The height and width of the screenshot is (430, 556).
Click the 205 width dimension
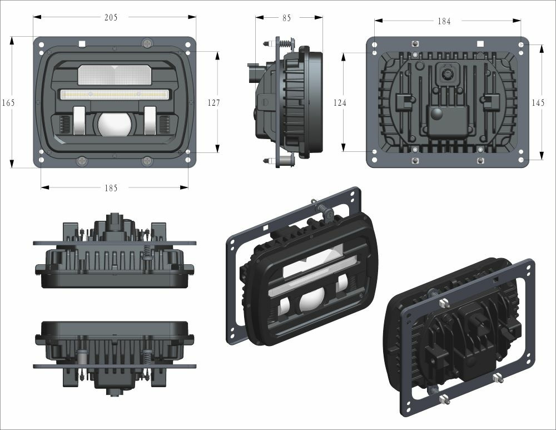(x=111, y=17)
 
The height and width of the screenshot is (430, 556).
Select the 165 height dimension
(x=8, y=103)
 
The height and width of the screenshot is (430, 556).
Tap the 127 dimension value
(x=213, y=103)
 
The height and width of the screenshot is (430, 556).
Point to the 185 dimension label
(x=111, y=188)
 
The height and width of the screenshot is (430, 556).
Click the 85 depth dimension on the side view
(x=287, y=18)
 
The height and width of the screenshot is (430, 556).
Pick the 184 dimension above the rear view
(x=444, y=21)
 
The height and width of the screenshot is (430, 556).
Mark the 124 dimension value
(x=340, y=103)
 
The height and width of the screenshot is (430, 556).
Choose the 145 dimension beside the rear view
(x=538, y=103)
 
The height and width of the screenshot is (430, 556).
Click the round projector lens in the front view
(x=114, y=123)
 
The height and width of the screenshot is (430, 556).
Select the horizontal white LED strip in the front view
(x=114, y=94)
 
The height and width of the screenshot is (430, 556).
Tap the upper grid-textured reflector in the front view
(x=114, y=74)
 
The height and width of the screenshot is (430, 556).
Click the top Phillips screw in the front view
(x=147, y=43)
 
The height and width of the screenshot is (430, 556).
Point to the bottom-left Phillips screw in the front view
(x=82, y=161)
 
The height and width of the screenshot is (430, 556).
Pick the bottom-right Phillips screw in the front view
(x=147, y=161)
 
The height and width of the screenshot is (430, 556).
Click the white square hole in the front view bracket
(x=82, y=43)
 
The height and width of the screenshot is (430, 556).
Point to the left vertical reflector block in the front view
(x=78, y=120)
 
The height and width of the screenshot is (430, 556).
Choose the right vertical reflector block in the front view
(x=150, y=120)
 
